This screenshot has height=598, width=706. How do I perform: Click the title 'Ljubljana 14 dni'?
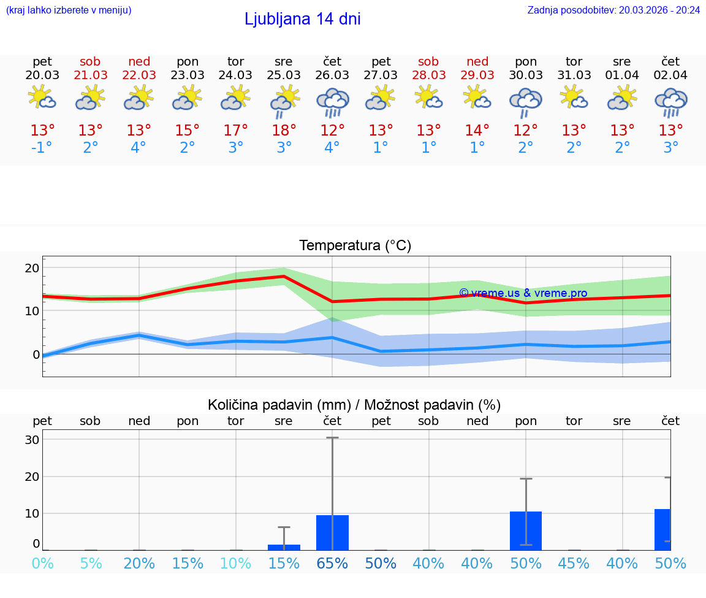point(302,19)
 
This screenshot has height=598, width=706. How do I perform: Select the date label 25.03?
point(284,75)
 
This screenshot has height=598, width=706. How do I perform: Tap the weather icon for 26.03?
point(332,102)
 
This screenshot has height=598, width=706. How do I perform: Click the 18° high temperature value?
point(284,131)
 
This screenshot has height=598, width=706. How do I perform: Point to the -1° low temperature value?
point(42,148)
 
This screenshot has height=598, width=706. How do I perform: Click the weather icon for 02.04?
point(670,102)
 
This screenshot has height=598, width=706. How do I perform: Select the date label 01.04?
point(622,75)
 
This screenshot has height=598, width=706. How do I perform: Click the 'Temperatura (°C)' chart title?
point(355,246)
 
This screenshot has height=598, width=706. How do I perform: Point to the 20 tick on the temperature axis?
point(32,268)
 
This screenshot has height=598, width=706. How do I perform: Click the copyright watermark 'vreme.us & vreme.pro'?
point(523,293)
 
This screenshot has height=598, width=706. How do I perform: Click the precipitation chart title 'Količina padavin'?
point(354,405)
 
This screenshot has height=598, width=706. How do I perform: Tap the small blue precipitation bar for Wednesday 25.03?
point(284,547)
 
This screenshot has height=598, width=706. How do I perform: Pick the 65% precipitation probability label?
point(332,563)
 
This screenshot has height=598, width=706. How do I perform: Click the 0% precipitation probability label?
point(42,563)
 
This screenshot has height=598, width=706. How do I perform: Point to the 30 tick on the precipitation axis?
point(32,440)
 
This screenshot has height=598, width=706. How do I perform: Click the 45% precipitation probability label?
point(574,563)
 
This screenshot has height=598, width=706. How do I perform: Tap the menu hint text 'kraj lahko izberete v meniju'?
point(69,10)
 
